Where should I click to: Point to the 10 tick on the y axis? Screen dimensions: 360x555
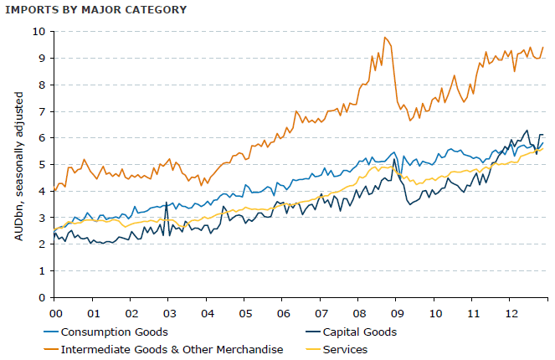pyautogui.click(x=39, y=32)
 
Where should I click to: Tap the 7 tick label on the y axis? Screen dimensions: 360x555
pyautogui.click(x=40, y=111)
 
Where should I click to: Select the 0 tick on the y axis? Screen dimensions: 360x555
pyautogui.click(x=40, y=297)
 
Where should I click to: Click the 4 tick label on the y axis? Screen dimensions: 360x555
pyautogui.click(x=40, y=191)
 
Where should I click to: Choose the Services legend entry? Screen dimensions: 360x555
pyautogui.click(x=345, y=349)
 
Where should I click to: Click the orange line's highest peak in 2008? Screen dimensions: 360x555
pyautogui.click(x=384, y=37)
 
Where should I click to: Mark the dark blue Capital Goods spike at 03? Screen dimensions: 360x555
pyautogui.click(x=167, y=202)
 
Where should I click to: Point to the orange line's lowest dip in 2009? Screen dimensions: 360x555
pyautogui.click(x=410, y=120)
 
